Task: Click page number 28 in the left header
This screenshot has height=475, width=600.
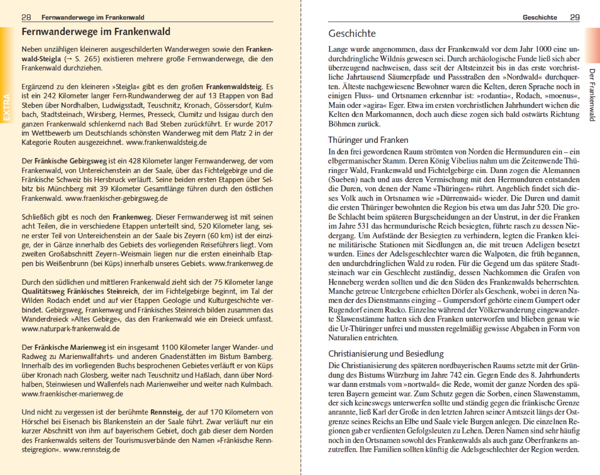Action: click(x=26, y=17)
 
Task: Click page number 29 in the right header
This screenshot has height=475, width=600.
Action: click(x=574, y=17)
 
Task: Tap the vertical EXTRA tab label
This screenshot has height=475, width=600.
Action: click(x=6, y=107)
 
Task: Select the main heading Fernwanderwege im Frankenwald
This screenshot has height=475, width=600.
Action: click(x=96, y=32)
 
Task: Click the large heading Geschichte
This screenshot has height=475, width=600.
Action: click(x=352, y=34)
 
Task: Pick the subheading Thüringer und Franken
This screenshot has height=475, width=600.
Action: click(x=368, y=140)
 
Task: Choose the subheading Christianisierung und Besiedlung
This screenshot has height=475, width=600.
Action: click(x=386, y=354)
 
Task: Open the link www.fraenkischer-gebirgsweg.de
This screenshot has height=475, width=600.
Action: click(x=116, y=198)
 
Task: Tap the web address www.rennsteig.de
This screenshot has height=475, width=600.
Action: click(x=92, y=449)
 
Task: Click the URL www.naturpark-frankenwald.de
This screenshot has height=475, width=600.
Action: click(x=70, y=329)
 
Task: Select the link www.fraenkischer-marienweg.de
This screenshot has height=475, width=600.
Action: click(x=72, y=394)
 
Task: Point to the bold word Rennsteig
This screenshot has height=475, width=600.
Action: click(x=167, y=412)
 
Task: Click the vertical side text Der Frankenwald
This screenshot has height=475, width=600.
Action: click(x=592, y=95)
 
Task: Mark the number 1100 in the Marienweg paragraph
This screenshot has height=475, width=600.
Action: click(x=170, y=347)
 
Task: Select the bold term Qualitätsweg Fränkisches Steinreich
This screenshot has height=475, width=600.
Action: click(x=80, y=291)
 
